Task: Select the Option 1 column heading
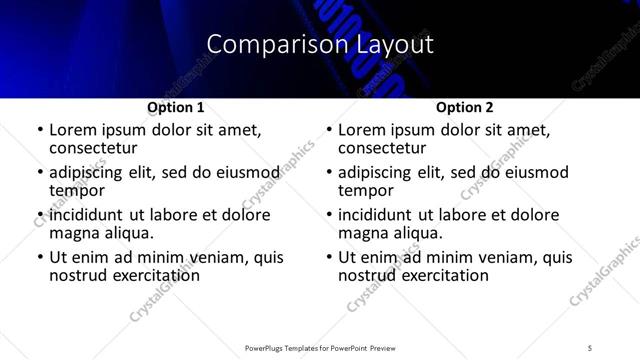point(176,107)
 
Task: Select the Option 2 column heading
point(465,107)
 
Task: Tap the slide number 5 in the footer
point(590,348)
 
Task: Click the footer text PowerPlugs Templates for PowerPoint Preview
point(320,348)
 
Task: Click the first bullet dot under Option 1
point(39,130)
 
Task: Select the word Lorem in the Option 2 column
point(360,130)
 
